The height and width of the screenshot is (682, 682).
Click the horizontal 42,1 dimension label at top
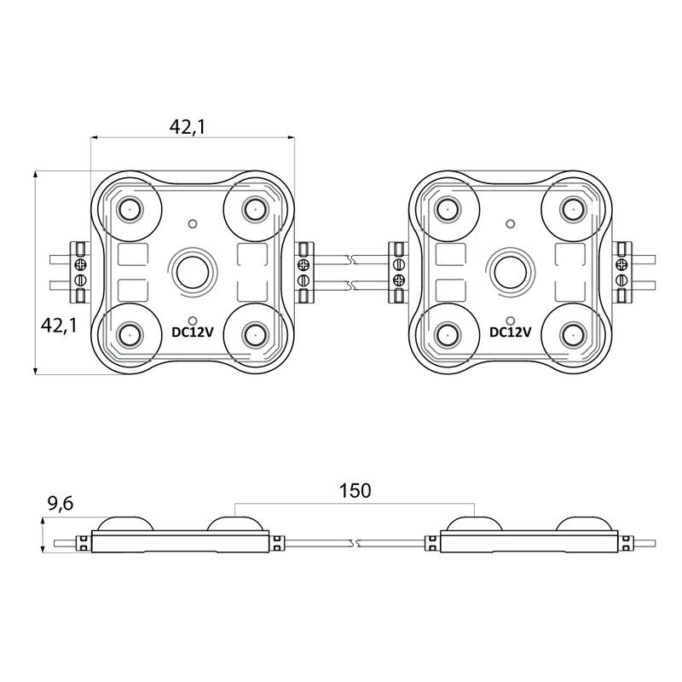[x=189, y=127]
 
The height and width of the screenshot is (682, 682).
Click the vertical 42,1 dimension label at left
[x=60, y=325]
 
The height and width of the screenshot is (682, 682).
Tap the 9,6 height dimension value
[x=61, y=504]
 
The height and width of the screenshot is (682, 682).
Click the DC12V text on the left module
[x=193, y=332]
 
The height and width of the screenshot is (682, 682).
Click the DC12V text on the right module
[x=511, y=332]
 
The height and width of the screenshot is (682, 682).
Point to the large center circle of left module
[x=193, y=272]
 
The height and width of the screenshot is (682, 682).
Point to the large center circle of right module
[x=511, y=272]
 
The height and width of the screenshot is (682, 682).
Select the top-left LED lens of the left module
[x=130, y=208]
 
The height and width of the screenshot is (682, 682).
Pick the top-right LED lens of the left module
[x=254, y=208]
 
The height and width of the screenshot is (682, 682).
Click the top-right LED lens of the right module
[x=572, y=208]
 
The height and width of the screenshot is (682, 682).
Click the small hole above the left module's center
[x=193, y=224]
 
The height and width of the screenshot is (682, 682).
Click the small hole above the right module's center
[x=511, y=224]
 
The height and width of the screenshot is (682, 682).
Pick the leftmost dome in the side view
[x=125, y=522]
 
